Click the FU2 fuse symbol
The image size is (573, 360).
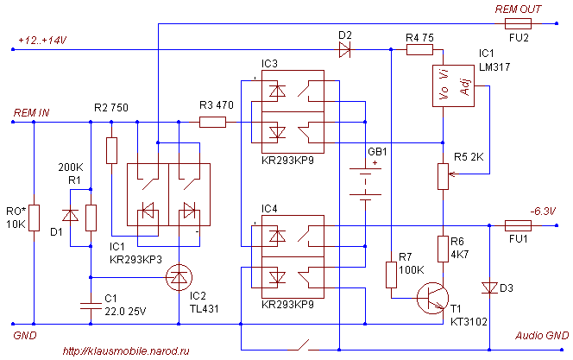click(519, 25)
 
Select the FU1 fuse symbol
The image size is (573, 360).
click(516, 225)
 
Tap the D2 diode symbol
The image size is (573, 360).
click(346, 50)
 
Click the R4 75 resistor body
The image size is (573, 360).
click(419, 50)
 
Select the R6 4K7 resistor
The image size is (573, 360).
click(443, 248)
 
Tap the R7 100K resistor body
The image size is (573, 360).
click(391, 275)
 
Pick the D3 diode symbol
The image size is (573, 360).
click(490, 287)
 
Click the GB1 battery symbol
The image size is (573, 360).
click(366, 183)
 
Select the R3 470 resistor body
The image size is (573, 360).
click(212, 122)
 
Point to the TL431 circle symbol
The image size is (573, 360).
click(179, 277)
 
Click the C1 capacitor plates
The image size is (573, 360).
click(91, 303)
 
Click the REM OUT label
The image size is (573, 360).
click(518, 9)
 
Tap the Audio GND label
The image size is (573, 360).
click(542, 335)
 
